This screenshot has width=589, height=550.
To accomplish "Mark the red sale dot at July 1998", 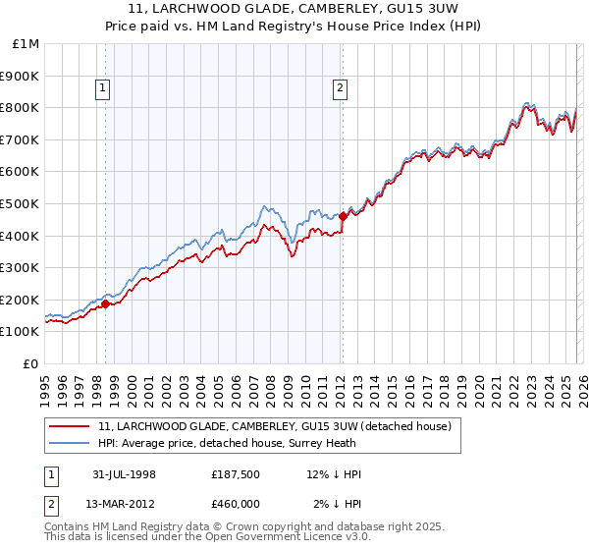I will [x=106, y=303].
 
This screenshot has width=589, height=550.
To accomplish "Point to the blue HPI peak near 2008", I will [x=264, y=206].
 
